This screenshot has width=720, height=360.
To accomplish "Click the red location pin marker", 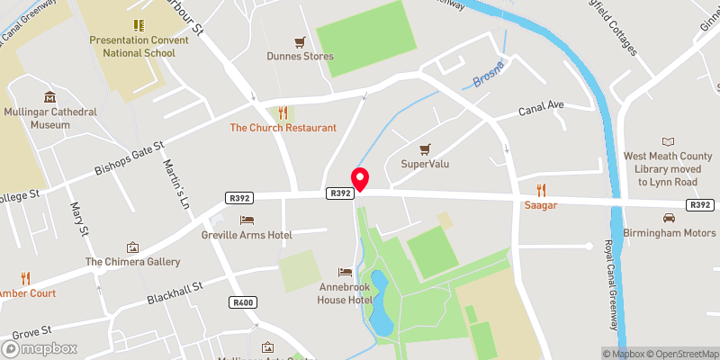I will coord(360,179).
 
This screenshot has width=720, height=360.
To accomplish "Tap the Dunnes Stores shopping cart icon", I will coord(301,41).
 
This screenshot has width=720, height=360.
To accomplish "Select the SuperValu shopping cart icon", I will coord(426,148).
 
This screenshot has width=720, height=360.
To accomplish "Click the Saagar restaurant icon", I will coord(541,190).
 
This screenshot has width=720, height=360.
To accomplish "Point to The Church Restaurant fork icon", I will coord(283,112).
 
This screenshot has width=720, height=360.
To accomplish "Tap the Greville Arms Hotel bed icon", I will coord(247,220).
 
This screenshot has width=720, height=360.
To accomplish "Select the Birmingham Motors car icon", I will coord(669,219).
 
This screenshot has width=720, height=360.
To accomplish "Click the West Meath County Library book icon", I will coord(668,141).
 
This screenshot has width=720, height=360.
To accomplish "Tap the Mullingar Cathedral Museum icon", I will coord(49,97).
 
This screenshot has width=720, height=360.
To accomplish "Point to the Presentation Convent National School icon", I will coord(139,25).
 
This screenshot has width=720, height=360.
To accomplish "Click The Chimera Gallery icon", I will coord(133,247).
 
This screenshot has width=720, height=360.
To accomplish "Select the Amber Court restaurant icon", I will coord(25,278).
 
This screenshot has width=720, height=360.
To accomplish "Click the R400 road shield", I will coord(243,301).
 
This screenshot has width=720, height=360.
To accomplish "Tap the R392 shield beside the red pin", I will coord(339,193).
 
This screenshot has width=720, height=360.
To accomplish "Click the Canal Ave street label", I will coord(541,109).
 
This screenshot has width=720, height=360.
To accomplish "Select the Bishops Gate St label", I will coord(130,158).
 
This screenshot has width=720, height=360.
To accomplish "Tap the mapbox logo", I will coord(40,348).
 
